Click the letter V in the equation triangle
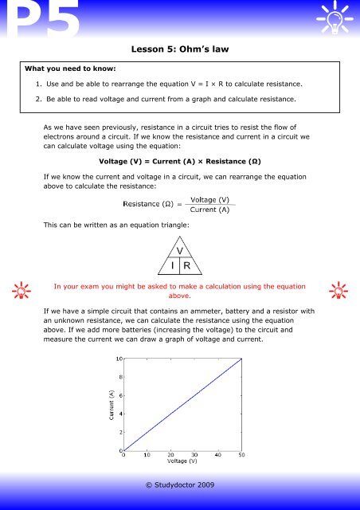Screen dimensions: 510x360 (x=181, y=250)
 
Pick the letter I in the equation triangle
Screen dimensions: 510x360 (x=172, y=266)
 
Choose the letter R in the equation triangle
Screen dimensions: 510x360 (x=188, y=266)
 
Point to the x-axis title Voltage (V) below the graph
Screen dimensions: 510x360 (x=182, y=461)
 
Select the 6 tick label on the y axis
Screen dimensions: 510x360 (x=119, y=396)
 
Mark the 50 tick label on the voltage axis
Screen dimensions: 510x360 (x=241, y=454)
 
